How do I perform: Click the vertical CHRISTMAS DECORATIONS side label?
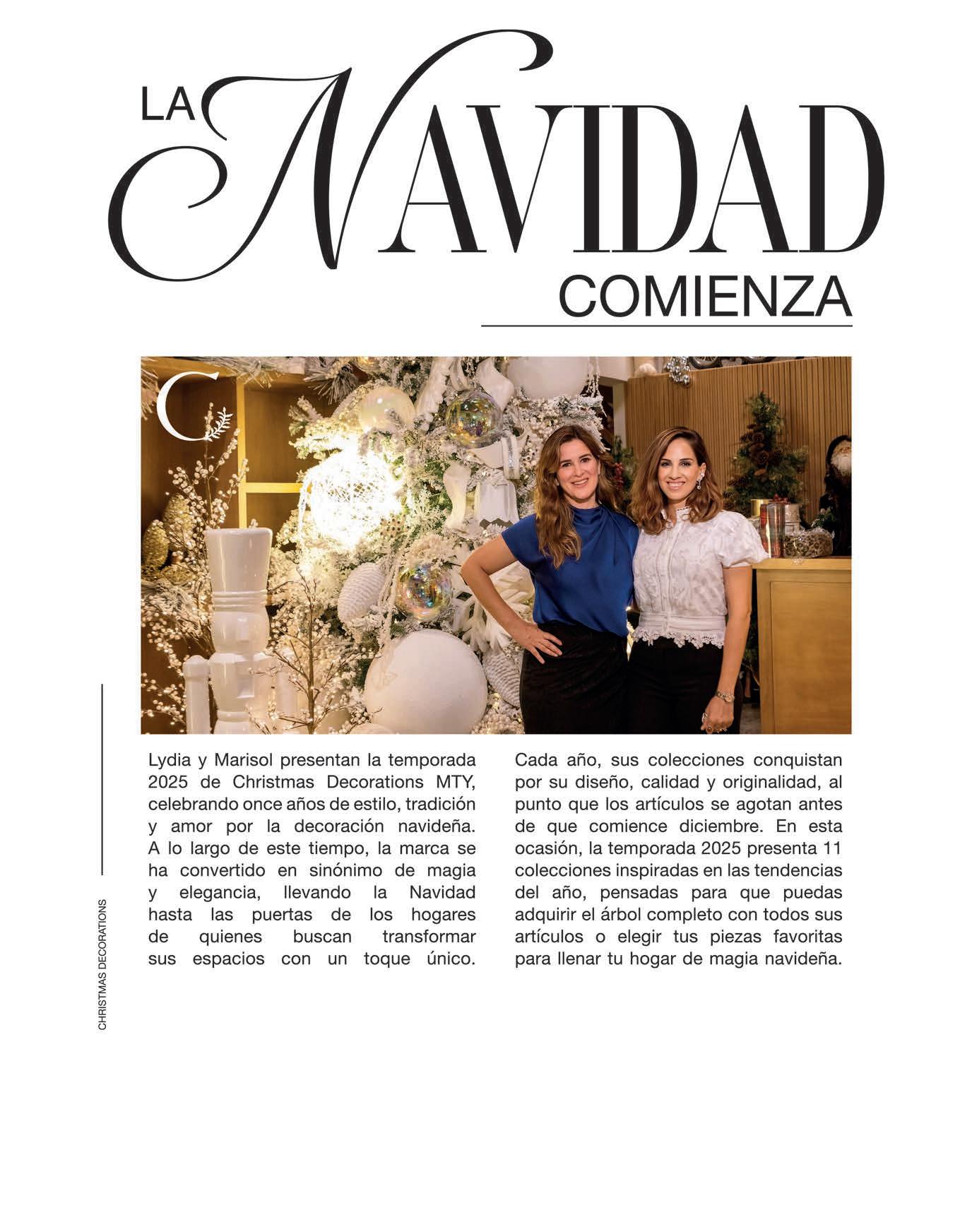[x=102, y=963]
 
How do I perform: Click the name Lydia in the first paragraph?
[x=167, y=761]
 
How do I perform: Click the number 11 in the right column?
[x=833, y=848]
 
